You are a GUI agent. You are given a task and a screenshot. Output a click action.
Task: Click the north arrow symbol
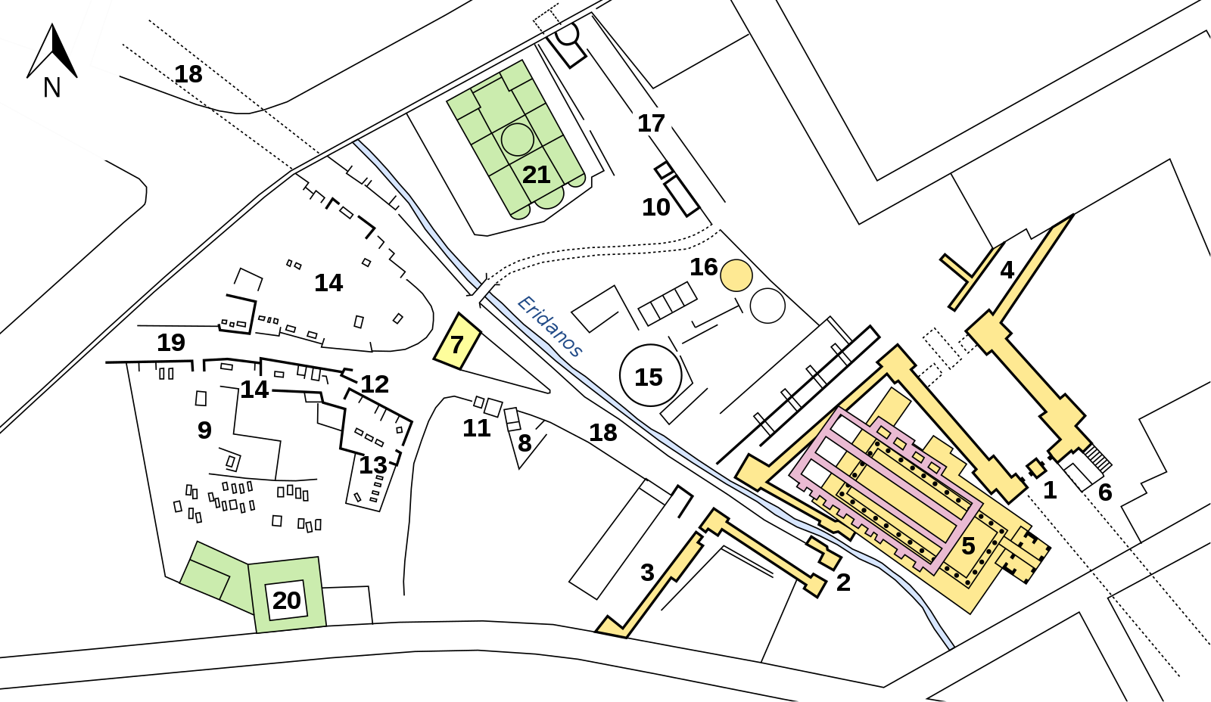(52, 51)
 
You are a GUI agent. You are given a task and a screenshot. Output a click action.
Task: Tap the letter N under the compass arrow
(52, 88)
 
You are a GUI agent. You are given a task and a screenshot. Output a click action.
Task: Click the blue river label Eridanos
(549, 326)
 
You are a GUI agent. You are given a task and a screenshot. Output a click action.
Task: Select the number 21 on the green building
(536, 175)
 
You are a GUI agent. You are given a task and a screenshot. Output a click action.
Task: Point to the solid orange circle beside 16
(736, 275)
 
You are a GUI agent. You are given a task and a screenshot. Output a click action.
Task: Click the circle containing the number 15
(650, 375)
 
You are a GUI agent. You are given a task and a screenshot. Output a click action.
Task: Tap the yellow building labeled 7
(457, 341)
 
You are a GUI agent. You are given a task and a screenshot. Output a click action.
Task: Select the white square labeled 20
(286, 600)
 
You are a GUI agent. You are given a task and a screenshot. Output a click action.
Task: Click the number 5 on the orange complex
(968, 546)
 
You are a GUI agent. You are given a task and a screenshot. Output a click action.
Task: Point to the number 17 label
(651, 124)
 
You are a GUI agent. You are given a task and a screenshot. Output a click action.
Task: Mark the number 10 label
(655, 207)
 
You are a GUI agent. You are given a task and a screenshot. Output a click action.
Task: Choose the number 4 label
(1007, 270)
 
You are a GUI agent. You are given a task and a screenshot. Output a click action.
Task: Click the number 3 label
(647, 573)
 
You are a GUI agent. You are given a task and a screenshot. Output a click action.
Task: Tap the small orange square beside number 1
(1036, 468)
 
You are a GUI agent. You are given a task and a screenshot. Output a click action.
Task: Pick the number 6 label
(1105, 492)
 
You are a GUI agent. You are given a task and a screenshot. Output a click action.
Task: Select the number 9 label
(204, 430)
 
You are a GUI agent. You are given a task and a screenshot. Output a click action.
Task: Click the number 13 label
(373, 465)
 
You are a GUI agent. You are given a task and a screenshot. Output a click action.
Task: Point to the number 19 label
(171, 343)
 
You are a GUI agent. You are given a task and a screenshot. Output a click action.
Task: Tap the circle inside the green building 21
(518, 139)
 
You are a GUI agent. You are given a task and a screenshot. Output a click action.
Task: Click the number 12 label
(375, 384)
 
